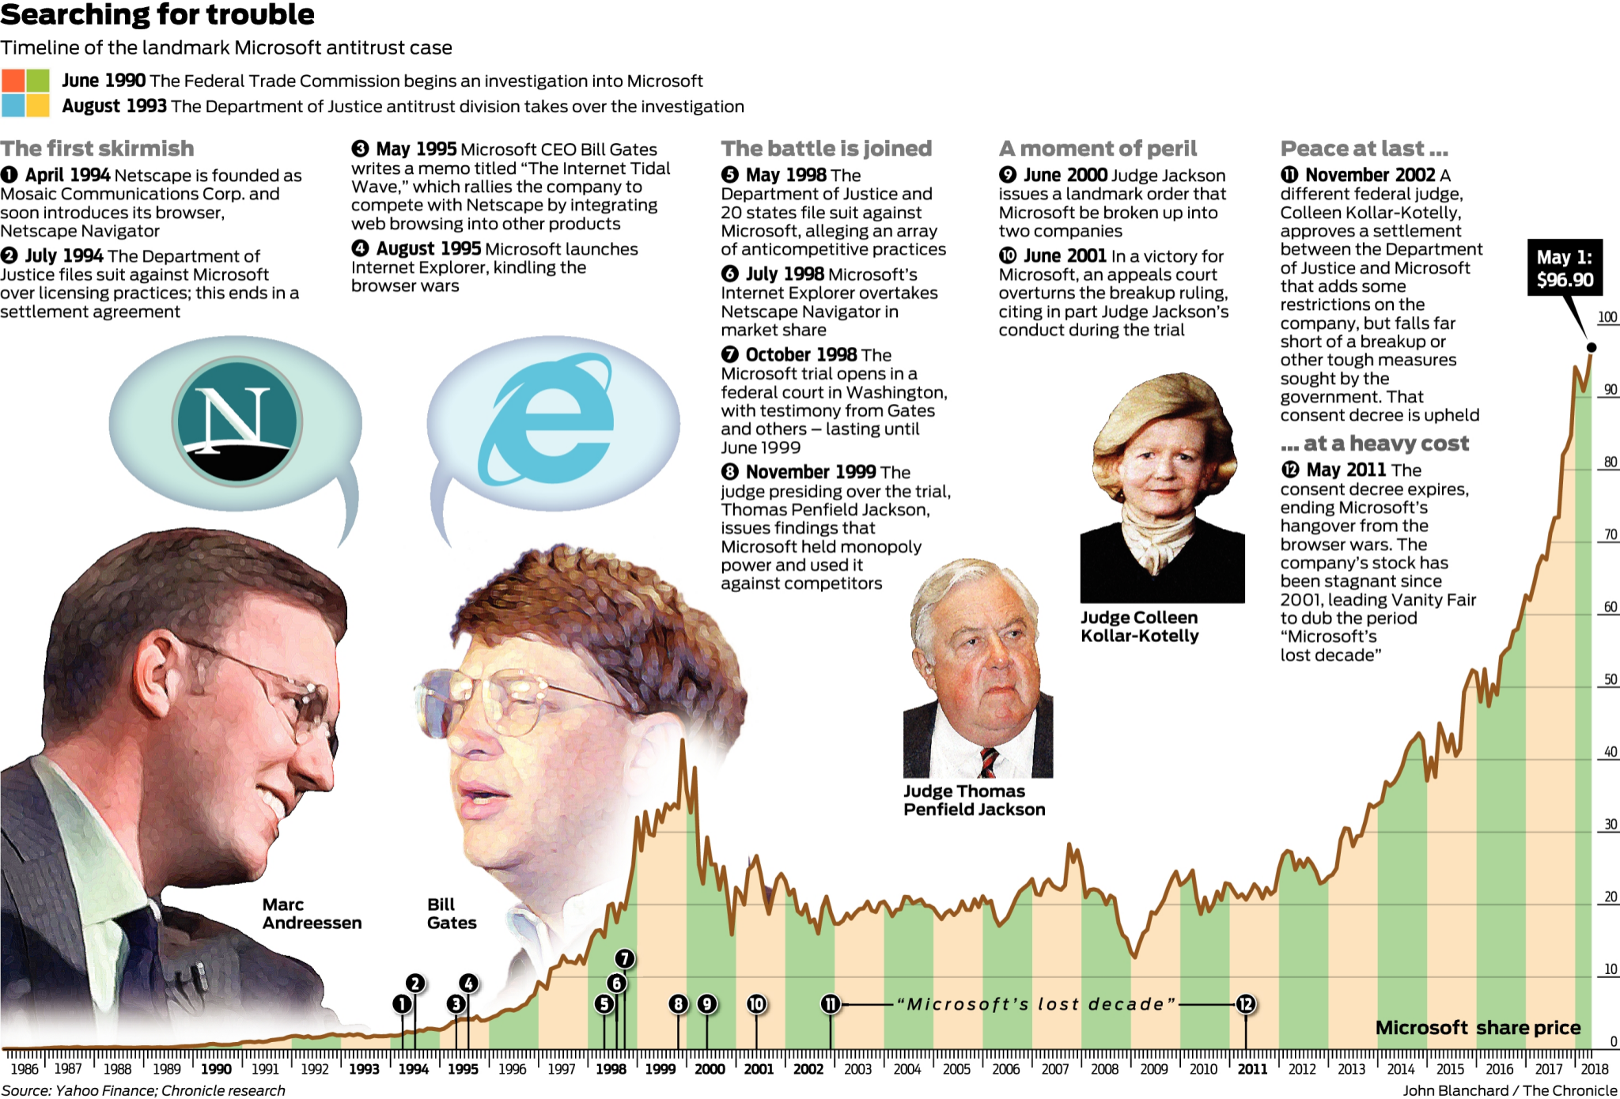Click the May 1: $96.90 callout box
(1564, 268)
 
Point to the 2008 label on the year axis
(1104, 1070)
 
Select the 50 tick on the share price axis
(1610, 679)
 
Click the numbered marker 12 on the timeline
(1246, 1004)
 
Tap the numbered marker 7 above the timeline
(625, 959)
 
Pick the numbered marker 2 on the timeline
(415, 984)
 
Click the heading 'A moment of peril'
(1098, 149)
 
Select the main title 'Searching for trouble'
(157, 14)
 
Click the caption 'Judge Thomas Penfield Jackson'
(974, 800)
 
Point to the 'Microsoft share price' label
(1478, 1028)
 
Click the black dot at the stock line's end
(1592, 347)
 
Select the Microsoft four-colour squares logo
(25, 93)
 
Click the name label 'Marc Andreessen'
(312, 914)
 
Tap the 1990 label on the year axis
(216, 1070)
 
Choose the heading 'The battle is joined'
(826, 149)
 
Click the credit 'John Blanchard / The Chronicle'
(1509, 1091)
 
